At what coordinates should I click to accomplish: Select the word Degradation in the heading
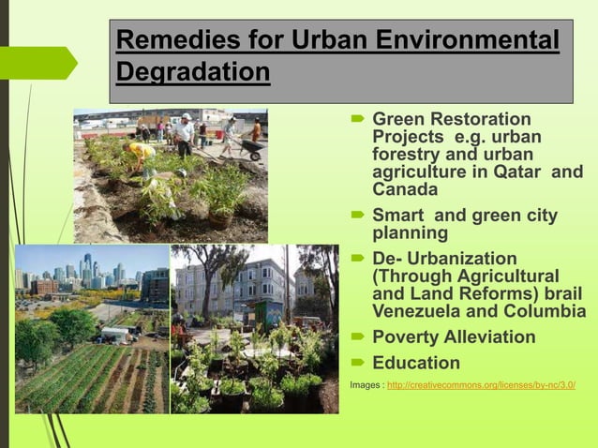[x=193, y=72]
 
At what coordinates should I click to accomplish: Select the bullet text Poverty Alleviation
[x=454, y=336]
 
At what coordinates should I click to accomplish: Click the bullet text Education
[x=416, y=363]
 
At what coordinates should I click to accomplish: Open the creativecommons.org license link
[x=481, y=385]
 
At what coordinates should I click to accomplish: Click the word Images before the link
[x=365, y=385]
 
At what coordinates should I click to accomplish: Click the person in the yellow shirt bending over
[x=142, y=155]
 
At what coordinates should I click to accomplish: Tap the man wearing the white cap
[x=185, y=134]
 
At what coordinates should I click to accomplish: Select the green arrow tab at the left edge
[x=39, y=63]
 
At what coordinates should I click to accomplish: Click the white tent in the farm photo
[x=116, y=332]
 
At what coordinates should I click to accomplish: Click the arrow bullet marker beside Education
[x=357, y=364]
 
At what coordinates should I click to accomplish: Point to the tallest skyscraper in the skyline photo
[x=86, y=267]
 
